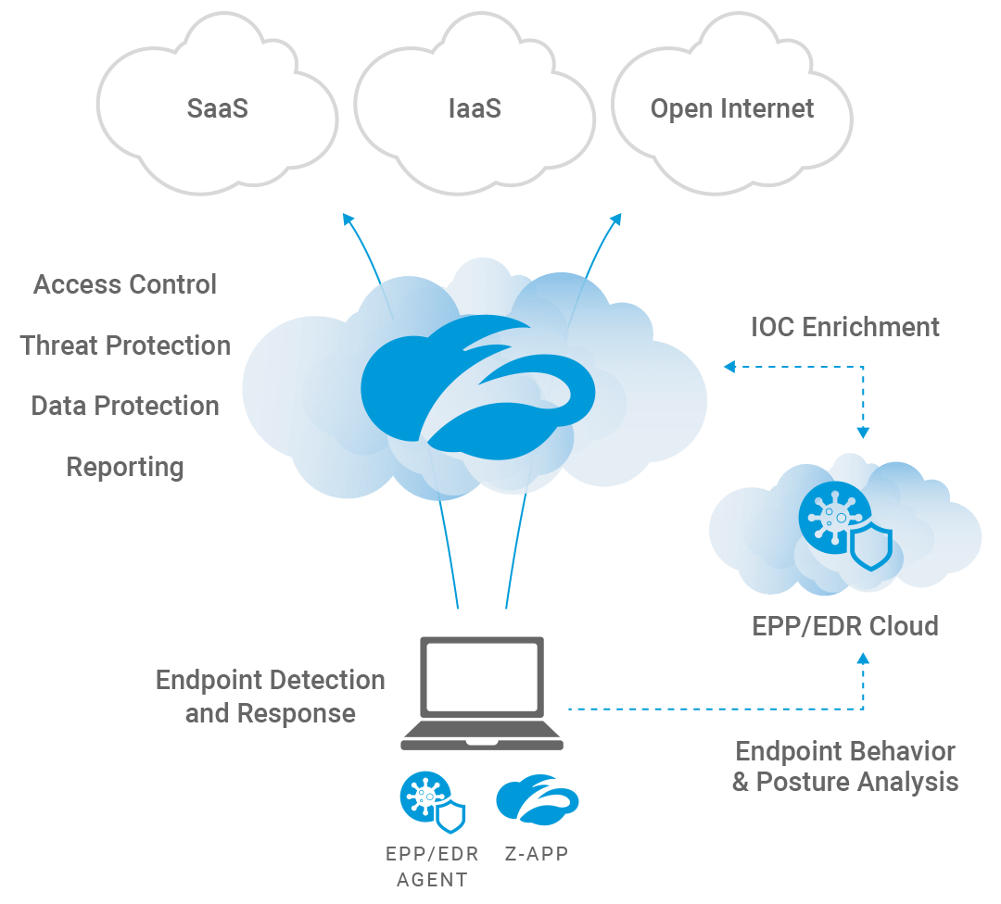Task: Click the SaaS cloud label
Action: point(217,108)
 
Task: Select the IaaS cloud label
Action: point(474,108)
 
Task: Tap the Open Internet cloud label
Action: point(732,108)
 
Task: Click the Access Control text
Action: point(125,284)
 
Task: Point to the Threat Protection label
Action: point(125,345)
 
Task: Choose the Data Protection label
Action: point(125,406)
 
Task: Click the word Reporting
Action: point(125,467)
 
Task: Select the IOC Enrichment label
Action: point(844,327)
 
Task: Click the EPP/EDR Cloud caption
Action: point(844,626)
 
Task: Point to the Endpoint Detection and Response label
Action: point(270,697)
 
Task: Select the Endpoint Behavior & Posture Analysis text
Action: point(844,766)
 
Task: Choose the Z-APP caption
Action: point(537,854)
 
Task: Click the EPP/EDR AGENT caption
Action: point(432,866)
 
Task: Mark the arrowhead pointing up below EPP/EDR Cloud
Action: point(864,659)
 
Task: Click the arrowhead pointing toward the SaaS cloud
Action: point(347,219)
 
